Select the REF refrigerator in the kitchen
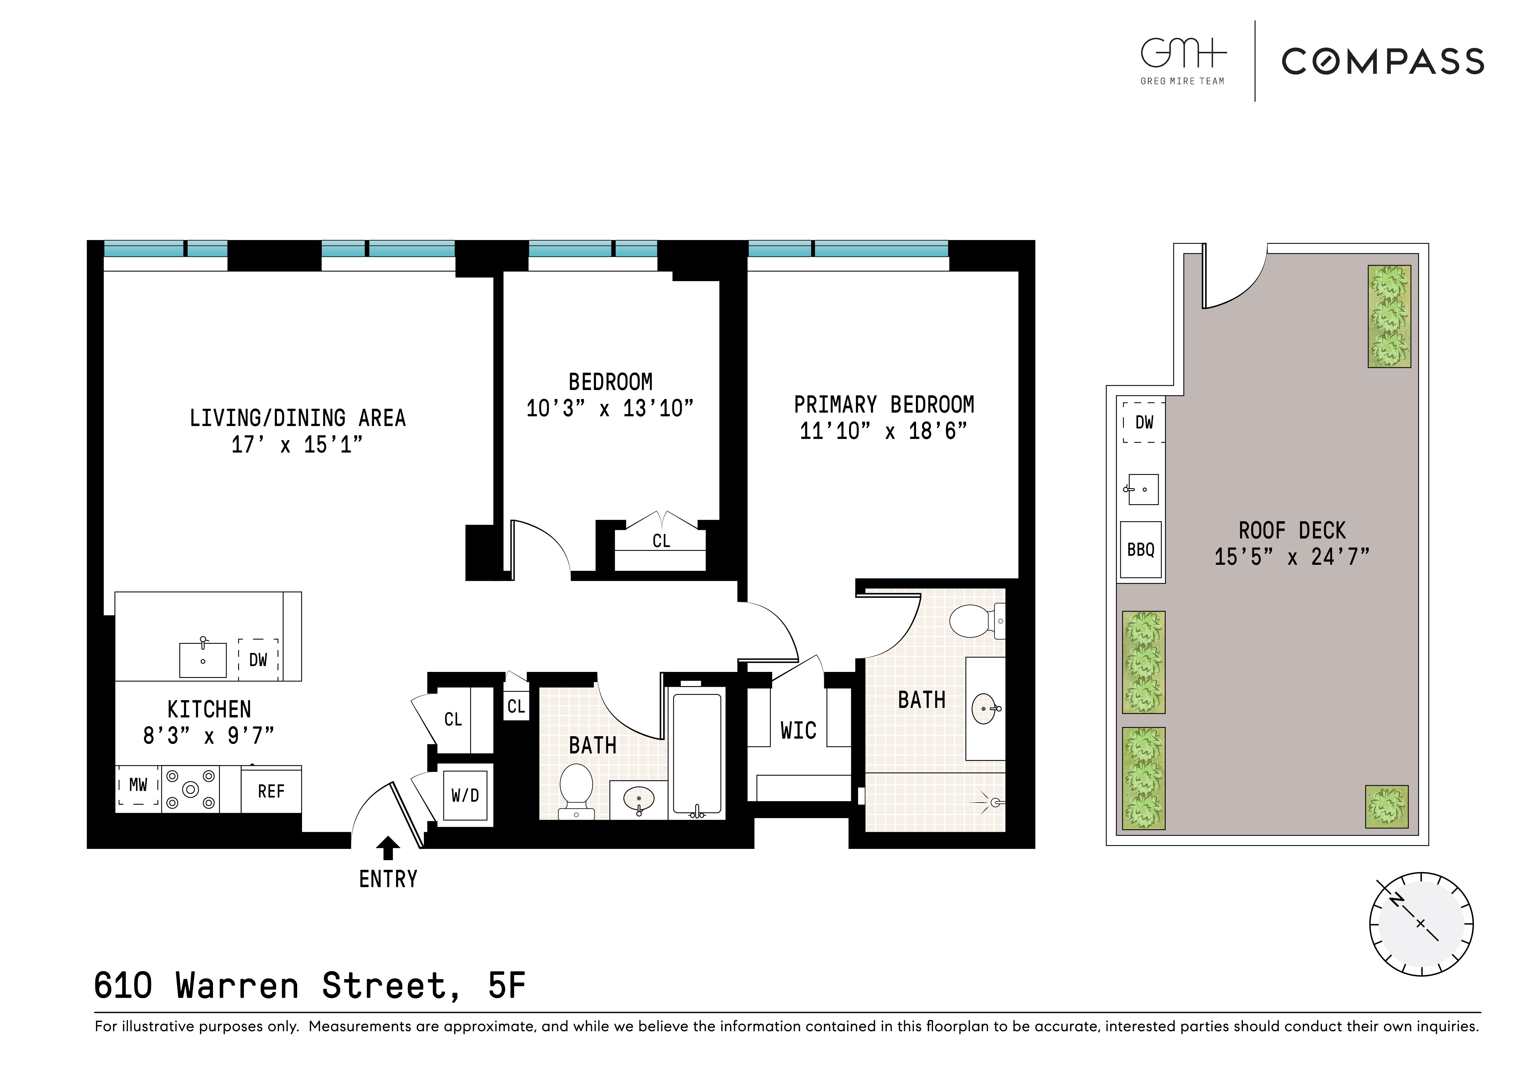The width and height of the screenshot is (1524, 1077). [x=271, y=791]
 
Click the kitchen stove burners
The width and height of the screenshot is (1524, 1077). [x=190, y=789]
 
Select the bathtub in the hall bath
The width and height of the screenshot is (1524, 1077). [x=697, y=753]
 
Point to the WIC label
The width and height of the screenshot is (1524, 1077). [x=798, y=731]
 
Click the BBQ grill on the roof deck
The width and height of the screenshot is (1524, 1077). [x=1140, y=549]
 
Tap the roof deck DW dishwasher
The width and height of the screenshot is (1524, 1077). [x=1144, y=422]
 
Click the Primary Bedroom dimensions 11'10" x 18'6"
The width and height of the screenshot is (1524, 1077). [x=883, y=431]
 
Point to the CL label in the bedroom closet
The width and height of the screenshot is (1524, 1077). [x=661, y=541]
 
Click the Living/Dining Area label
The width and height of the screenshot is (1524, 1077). [x=297, y=418]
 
